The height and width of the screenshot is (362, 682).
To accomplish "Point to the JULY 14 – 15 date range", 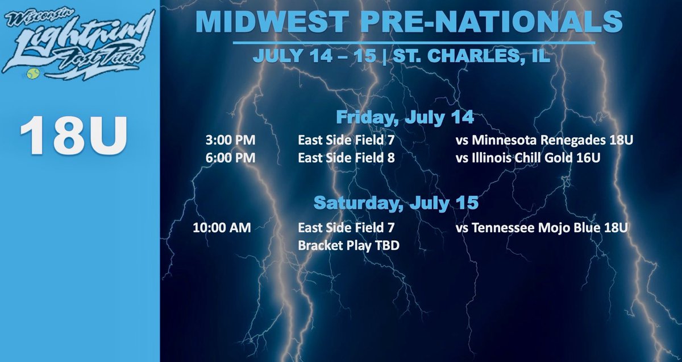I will (314, 57).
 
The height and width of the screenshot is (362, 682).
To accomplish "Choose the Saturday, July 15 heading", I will (397, 202).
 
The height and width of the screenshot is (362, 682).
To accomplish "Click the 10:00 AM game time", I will (222, 228).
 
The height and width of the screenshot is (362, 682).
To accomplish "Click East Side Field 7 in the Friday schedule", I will (346, 140).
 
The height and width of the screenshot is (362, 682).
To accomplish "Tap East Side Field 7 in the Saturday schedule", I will (346, 228).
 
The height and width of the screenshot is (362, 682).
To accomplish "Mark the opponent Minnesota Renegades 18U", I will (544, 140).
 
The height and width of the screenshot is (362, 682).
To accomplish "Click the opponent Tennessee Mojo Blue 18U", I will (541, 228).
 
